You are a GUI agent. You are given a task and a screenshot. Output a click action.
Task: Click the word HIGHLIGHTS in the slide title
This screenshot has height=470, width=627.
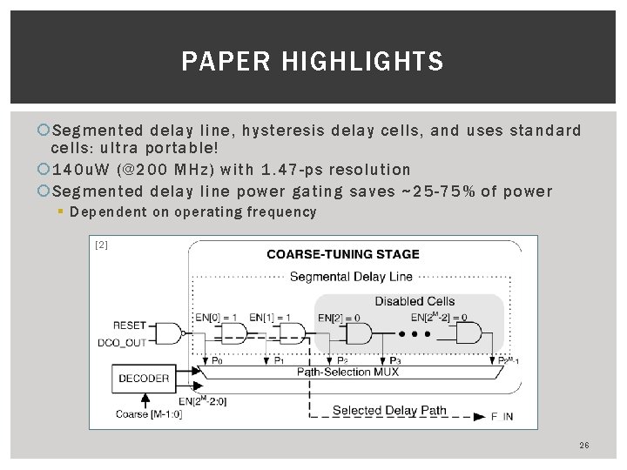[383, 63]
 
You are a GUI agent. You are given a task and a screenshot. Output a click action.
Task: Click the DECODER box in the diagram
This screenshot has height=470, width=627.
[145, 378]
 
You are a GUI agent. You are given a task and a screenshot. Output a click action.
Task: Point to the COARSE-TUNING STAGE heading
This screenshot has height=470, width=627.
[342, 255]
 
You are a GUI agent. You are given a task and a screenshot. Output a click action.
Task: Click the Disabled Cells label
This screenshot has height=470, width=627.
[415, 301]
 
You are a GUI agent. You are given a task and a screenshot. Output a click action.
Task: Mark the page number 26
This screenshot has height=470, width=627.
[583, 446]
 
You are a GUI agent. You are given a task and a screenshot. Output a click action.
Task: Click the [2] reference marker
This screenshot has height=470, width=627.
[101, 245]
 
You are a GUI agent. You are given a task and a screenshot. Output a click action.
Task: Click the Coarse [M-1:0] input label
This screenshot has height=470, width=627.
[148, 414]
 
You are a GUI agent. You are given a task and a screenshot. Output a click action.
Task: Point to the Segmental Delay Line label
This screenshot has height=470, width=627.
[340, 278]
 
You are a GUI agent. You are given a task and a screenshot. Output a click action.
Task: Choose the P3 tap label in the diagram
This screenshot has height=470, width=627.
[396, 359]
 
